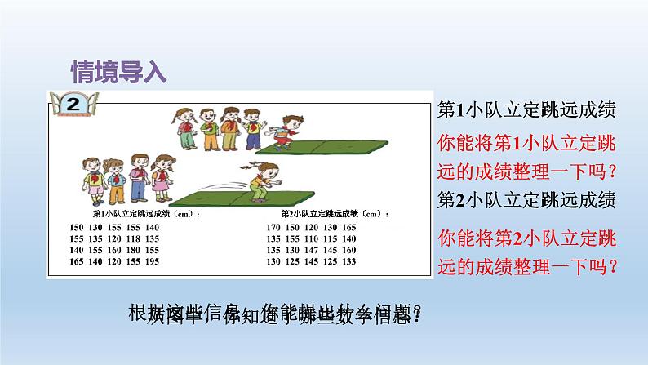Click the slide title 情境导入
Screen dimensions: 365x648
click(x=118, y=70)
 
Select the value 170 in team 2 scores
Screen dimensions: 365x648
click(x=273, y=227)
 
